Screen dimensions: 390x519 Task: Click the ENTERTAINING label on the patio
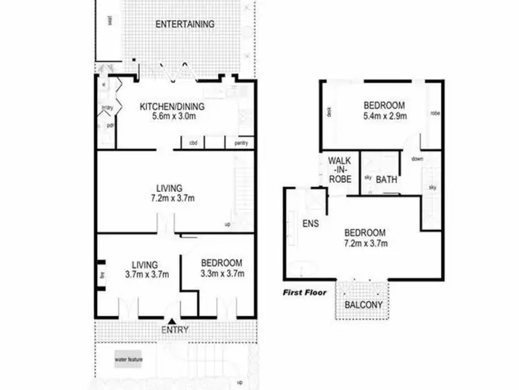(x=185, y=24)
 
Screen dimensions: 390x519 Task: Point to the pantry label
(x=241, y=143)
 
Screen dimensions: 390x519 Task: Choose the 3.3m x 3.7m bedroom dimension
(x=221, y=274)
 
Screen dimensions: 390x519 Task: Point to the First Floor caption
(x=304, y=293)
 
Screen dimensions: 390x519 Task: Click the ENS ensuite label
(x=310, y=224)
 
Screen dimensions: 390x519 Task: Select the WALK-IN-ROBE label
(x=340, y=169)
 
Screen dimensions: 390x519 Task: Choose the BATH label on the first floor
(x=386, y=179)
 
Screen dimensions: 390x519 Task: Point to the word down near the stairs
(x=417, y=159)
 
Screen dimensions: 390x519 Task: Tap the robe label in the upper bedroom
(x=435, y=113)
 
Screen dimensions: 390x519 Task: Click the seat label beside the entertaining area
(x=110, y=21)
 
